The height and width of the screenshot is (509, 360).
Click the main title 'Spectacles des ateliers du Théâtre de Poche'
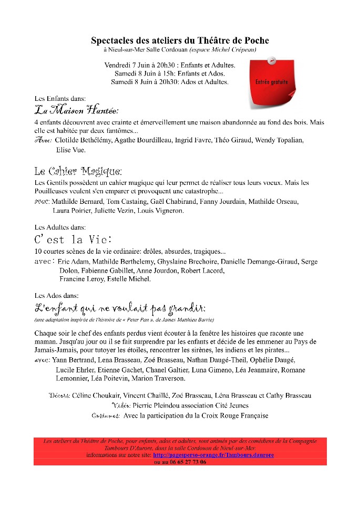pos(180,40)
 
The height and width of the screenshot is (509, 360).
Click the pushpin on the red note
pos(272,61)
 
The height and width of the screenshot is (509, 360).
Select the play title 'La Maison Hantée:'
pos(76,111)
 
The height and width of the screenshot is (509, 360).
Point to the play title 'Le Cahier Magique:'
pos(78,171)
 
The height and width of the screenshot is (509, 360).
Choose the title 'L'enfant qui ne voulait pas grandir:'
pos(119,308)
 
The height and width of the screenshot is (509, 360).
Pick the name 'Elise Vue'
pos(70,150)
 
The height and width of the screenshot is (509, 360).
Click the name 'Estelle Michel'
pos(129,279)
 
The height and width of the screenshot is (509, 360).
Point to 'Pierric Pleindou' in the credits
pos(158,406)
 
